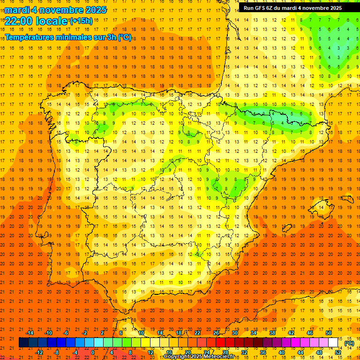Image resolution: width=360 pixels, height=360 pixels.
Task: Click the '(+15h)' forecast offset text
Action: point(81,21)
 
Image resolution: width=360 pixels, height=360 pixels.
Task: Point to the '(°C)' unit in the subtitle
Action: point(125,37)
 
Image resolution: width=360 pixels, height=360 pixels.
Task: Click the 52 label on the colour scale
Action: point(338,352)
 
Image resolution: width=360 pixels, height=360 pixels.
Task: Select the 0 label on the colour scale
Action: point(93,352)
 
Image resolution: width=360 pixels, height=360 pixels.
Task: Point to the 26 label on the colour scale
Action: point(216,333)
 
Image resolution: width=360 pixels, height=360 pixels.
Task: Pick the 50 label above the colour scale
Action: point(329,333)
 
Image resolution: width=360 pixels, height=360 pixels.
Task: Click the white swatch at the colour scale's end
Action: point(333,343)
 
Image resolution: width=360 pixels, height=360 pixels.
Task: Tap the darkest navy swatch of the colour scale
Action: point(23,343)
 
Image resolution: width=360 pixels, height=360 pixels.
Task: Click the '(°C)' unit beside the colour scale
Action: point(349,343)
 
